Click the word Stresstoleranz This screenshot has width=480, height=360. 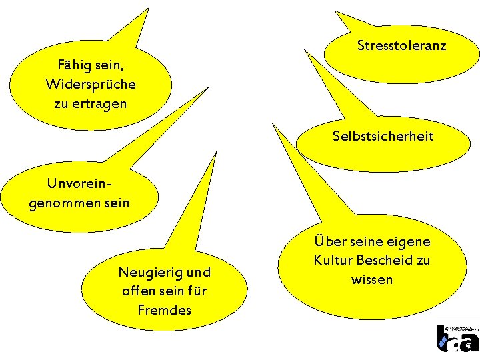pyautogui.click(x=401, y=46)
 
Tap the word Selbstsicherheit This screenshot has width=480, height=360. pyautogui.click(x=383, y=137)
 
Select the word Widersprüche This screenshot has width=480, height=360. pyautogui.click(x=91, y=85)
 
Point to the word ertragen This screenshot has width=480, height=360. pyautogui.click(x=99, y=104)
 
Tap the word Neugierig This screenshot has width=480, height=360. pyautogui.click(x=147, y=272)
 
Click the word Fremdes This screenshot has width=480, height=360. pyautogui.click(x=164, y=310)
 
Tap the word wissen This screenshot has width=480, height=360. pyautogui.click(x=372, y=279)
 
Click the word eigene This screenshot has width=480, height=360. pyautogui.click(x=408, y=241)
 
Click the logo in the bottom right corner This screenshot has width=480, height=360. pyautogui.click(x=457, y=339)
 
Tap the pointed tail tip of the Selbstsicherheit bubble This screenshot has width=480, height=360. pyautogui.click(x=271, y=123)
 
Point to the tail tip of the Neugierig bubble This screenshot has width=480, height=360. pyautogui.click(x=216, y=153)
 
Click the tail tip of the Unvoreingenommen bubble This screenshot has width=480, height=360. pyautogui.click(x=207, y=88)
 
